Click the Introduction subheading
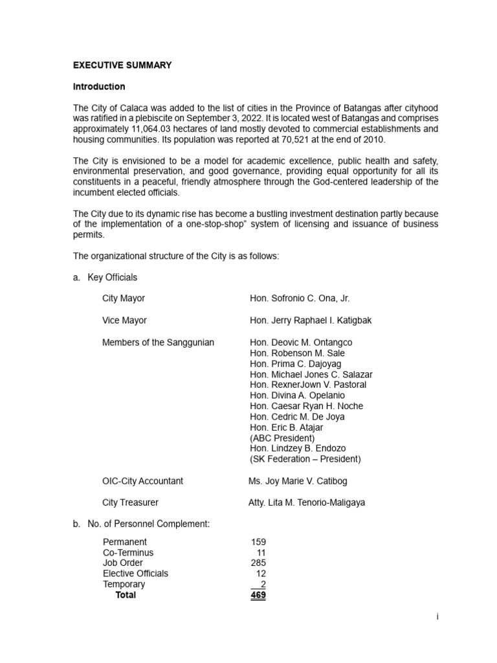tap(99, 86)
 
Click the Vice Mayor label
tap(124, 320)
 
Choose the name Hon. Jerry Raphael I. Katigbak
tap(311, 320)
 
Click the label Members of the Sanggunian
tap(158, 343)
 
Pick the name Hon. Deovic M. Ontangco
tap(301, 343)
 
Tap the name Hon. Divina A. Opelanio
tap(297, 395)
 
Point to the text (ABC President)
tap(282, 438)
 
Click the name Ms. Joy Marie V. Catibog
tap(298, 481)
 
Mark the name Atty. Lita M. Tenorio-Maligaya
tap(307, 502)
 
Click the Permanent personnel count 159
tap(258, 542)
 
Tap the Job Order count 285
tap(258, 563)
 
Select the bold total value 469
tap(258, 595)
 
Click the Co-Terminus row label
tap(128, 552)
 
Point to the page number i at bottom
tap(437, 617)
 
